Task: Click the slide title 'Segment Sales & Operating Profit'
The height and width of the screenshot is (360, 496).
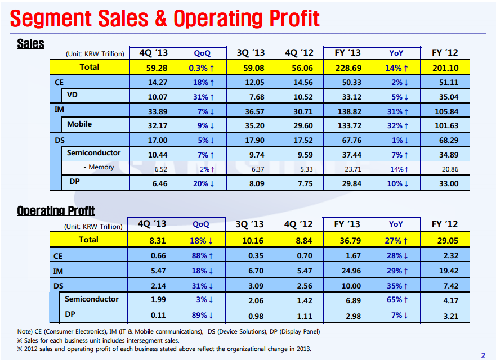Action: (x=165, y=19)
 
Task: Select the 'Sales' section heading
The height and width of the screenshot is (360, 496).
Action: (x=31, y=43)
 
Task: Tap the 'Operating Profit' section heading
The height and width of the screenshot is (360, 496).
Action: (x=56, y=210)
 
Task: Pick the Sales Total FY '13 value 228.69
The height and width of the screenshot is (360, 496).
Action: (x=348, y=67)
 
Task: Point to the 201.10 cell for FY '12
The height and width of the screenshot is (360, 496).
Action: (x=445, y=67)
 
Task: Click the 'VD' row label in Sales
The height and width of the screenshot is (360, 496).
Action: (x=72, y=94)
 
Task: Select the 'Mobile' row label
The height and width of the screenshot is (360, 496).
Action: (x=79, y=124)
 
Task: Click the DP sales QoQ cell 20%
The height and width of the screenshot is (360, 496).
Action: (x=202, y=183)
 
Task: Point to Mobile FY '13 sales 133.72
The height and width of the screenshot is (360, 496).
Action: (x=348, y=124)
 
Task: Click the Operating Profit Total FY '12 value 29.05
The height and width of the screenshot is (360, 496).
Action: (x=445, y=240)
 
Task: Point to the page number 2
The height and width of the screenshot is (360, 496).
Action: (x=482, y=355)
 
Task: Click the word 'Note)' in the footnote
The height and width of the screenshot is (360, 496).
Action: (x=26, y=331)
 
